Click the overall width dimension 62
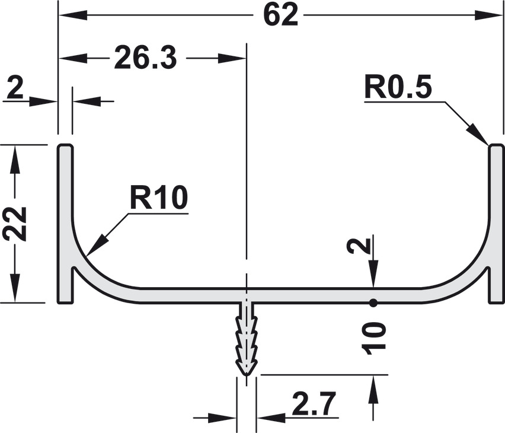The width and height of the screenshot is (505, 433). pos(280,15)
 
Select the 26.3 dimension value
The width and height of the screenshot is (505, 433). pos(145,58)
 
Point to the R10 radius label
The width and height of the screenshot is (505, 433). pos(158,198)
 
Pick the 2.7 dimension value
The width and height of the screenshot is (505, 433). pos(314,403)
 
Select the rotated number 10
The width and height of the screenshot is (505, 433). pos(373,339)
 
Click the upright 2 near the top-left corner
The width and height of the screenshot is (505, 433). pos(15,88)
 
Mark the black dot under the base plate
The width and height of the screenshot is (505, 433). pos(373,303)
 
